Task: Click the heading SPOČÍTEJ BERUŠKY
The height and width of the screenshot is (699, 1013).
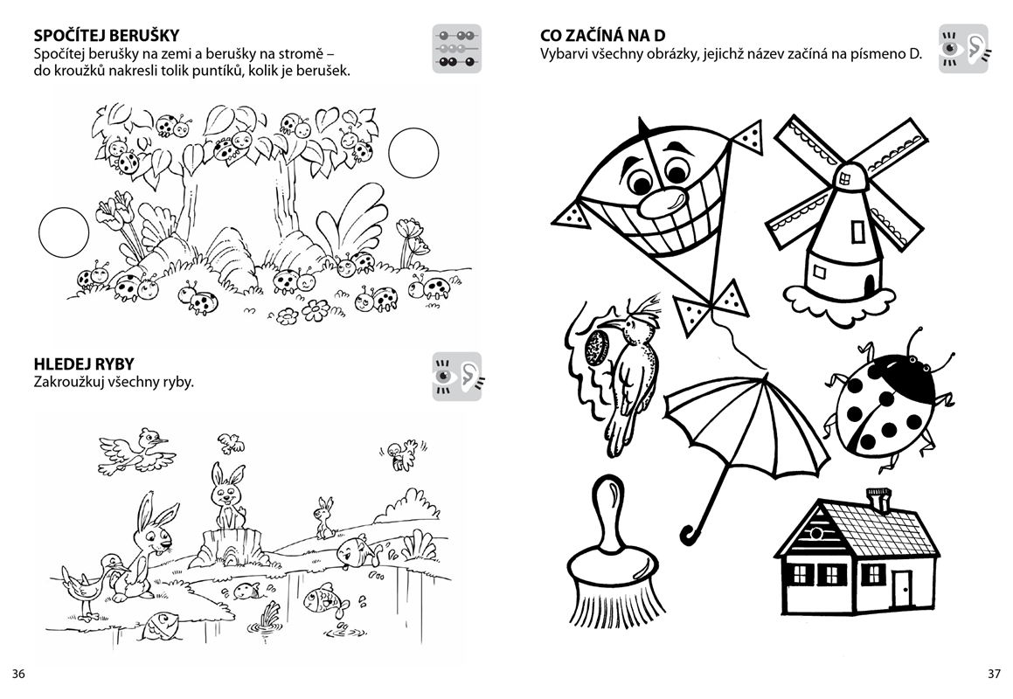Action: (107, 35)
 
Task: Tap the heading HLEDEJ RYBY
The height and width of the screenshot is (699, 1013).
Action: (84, 364)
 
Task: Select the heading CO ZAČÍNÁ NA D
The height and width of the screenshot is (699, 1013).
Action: (603, 35)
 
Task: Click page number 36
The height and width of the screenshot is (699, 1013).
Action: (18, 674)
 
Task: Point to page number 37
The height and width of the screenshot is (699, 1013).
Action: (994, 674)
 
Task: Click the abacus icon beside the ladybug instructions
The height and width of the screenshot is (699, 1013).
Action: (457, 48)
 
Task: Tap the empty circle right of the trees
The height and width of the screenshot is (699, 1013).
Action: (413, 152)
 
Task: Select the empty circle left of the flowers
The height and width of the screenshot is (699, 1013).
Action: (63, 232)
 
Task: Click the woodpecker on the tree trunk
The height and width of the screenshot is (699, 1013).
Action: (628, 375)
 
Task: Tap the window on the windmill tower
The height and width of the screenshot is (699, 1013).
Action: (858, 231)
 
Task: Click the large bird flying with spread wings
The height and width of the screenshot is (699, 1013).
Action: (137, 450)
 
